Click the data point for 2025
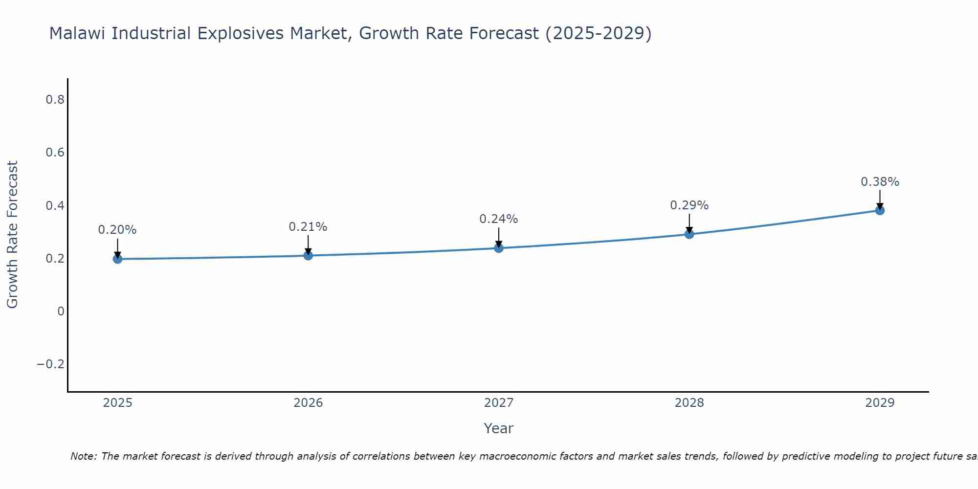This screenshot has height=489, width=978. click(117, 259)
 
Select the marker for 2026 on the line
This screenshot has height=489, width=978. click(308, 255)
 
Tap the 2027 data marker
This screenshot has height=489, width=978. click(499, 248)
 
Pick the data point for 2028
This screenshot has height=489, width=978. click(689, 234)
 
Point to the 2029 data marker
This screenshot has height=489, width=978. click(880, 210)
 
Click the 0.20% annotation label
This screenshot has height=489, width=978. click(117, 230)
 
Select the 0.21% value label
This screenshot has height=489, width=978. click(308, 227)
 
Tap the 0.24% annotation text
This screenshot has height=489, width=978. click(499, 219)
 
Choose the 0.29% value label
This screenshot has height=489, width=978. click(689, 205)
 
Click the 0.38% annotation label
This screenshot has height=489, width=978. click(880, 182)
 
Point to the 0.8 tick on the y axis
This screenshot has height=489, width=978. click(55, 100)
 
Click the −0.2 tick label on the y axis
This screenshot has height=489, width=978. click(50, 364)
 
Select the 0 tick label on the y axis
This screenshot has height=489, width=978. click(61, 311)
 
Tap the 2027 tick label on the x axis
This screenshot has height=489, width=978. click(499, 403)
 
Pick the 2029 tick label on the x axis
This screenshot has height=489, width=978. click(880, 403)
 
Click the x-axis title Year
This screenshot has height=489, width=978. click(498, 428)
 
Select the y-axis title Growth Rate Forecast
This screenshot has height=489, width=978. click(12, 234)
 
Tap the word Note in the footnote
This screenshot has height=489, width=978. click(83, 456)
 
